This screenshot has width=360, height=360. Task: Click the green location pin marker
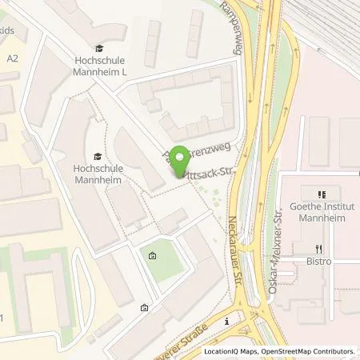pyautogui.click(x=182, y=158)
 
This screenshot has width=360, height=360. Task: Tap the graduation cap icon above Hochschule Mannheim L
pyautogui.click(x=98, y=49)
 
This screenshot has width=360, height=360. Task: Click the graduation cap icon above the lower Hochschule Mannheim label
pyautogui.click(x=98, y=157)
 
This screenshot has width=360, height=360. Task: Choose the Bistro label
pyautogui.click(x=319, y=261)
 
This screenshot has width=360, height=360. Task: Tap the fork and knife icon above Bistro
pyautogui.click(x=319, y=248)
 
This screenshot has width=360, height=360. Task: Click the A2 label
pyautogui.click(x=12, y=58)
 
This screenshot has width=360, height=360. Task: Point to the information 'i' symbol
pyautogui.click(x=227, y=321)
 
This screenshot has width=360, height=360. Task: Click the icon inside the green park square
pyautogui.click(x=153, y=257)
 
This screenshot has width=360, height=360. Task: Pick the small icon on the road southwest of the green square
pyautogui.click(x=144, y=307)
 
